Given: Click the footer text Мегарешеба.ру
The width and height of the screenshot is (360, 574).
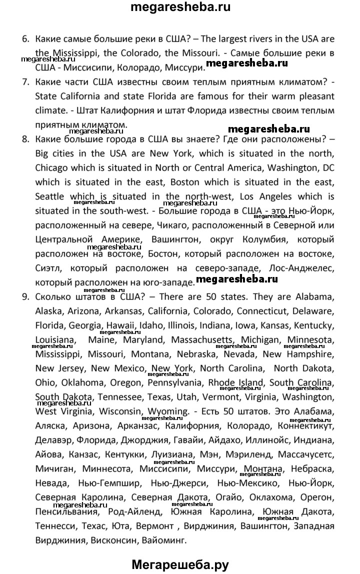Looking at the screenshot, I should (x=180, y=565).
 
